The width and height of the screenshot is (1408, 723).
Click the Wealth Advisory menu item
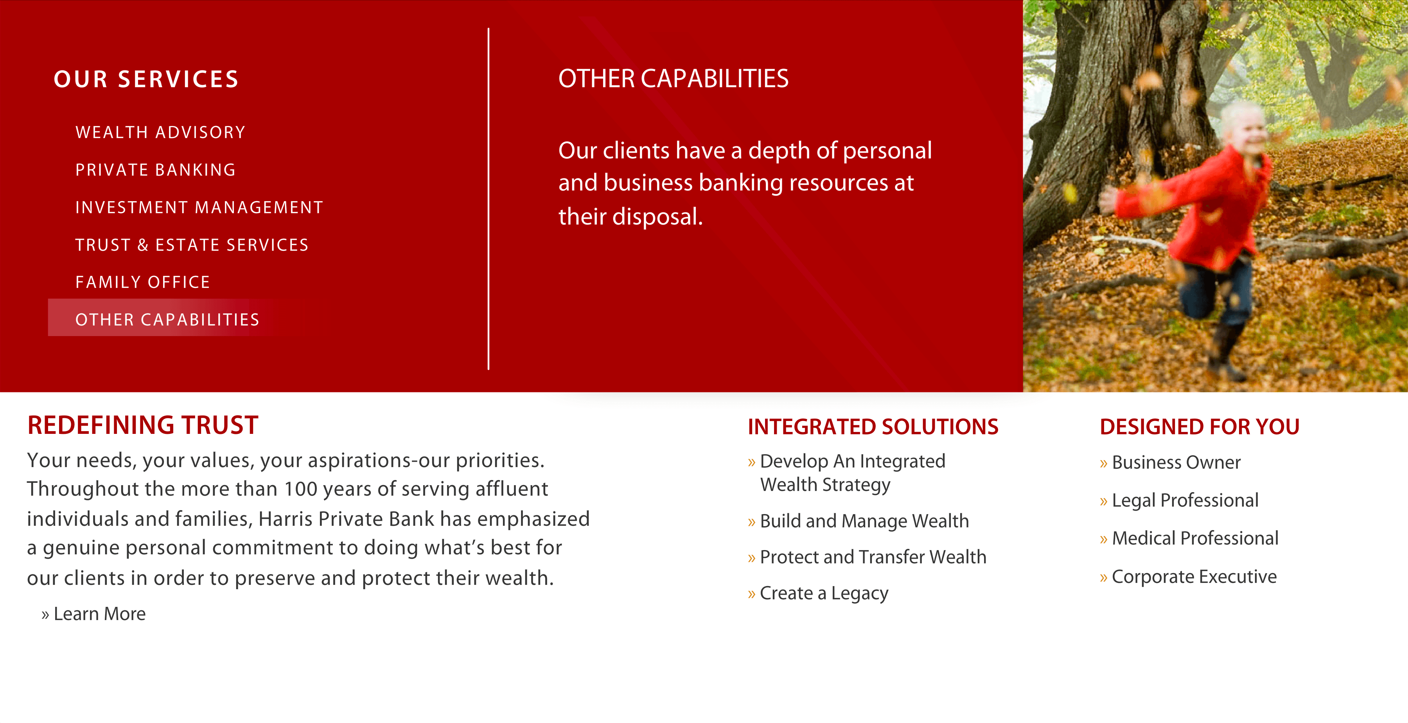tap(160, 132)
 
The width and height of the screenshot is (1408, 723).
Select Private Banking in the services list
tap(155, 170)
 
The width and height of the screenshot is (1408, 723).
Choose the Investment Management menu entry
tap(199, 207)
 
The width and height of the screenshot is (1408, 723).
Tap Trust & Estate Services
tap(192, 245)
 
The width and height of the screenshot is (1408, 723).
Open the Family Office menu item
tap(143, 282)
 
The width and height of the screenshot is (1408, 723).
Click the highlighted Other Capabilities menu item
tap(167, 319)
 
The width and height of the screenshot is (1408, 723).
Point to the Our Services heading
tap(146, 79)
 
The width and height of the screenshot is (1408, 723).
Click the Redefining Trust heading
tap(143, 426)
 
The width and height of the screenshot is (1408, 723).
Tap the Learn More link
tap(93, 614)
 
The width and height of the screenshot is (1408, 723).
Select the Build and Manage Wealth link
tap(858, 521)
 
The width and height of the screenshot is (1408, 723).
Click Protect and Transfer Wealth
tap(867, 557)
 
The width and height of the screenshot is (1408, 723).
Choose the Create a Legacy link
tap(818, 594)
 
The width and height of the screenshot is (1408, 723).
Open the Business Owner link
tap(1170, 463)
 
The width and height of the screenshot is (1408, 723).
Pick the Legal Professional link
tap(1179, 500)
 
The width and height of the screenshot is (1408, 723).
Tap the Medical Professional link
tap(1189, 539)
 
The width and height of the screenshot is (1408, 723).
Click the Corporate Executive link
tap(1188, 577)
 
